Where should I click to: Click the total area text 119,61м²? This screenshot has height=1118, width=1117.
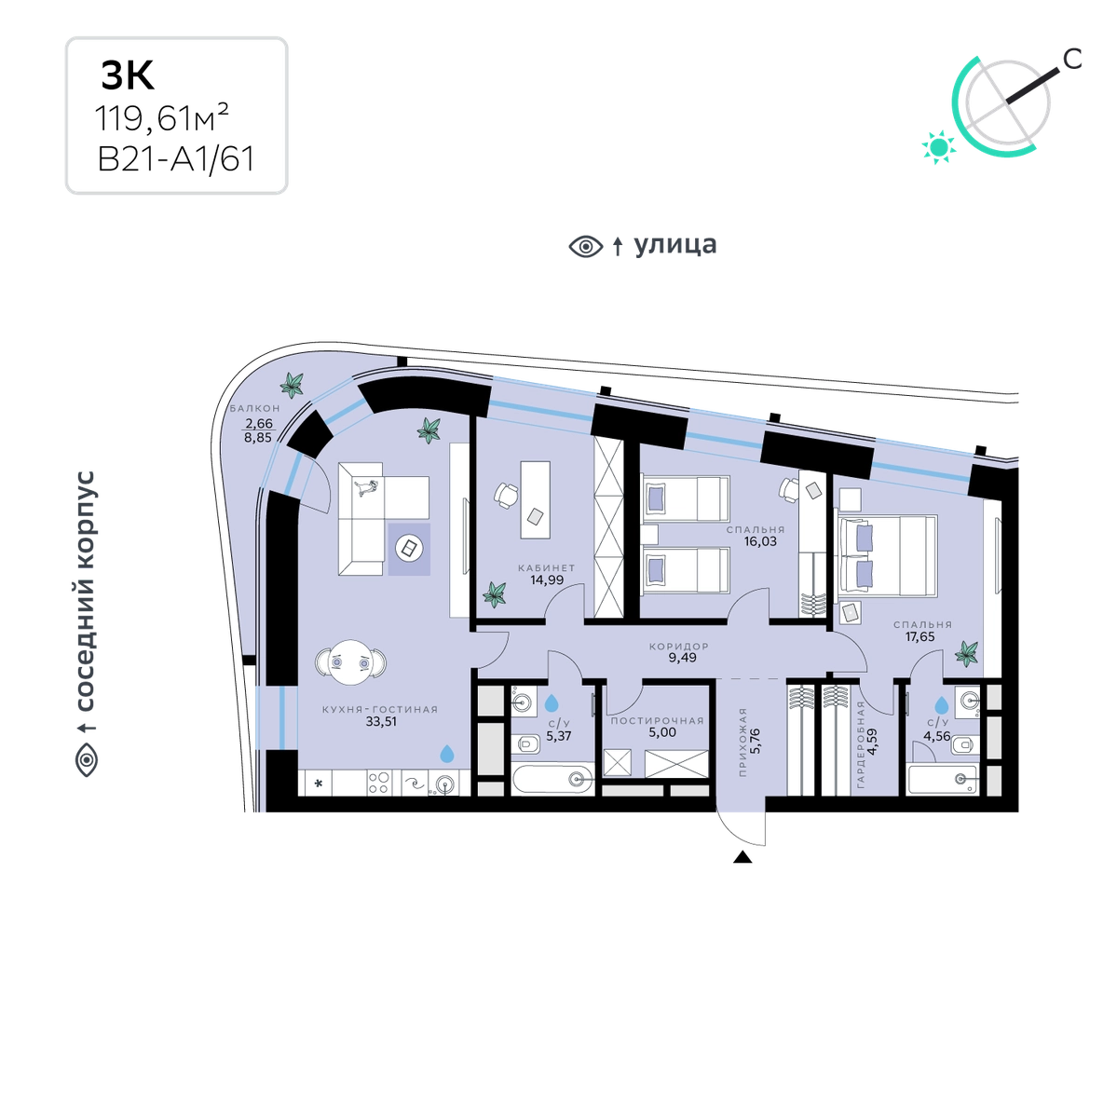(x=162, y=118)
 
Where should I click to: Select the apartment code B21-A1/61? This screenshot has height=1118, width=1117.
(x=176, y=159)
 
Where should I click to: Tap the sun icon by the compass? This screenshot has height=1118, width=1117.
(x=939, y=147)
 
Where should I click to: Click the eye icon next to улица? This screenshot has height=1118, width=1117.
(x=586, y=247)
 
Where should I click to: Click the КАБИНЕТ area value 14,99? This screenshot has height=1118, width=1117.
(x=547, y=579)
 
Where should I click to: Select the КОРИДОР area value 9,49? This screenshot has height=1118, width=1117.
(x=682, y=658)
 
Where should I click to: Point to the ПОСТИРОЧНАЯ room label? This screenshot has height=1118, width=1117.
(x=657, y=720)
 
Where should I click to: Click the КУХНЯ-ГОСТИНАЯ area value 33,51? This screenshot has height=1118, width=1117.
(x=381, y=721)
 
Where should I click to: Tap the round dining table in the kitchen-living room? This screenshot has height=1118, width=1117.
(x=350, y=662)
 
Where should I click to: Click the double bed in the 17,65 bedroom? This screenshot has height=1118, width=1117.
(x=886, y=555)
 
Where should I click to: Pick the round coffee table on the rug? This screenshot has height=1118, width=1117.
(x=409, y=548)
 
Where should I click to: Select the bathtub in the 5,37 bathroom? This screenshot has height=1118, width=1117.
(x=552, y=779)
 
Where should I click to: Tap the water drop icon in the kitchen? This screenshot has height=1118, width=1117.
(x=446, y=754)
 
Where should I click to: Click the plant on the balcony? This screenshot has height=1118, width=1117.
(x=292, y=384)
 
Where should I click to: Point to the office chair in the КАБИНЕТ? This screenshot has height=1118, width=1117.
(x=506, y=496)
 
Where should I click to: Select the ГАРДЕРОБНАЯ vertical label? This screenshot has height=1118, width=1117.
(x=860, y=744)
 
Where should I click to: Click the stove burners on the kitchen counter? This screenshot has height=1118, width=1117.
(x=378, y=783)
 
